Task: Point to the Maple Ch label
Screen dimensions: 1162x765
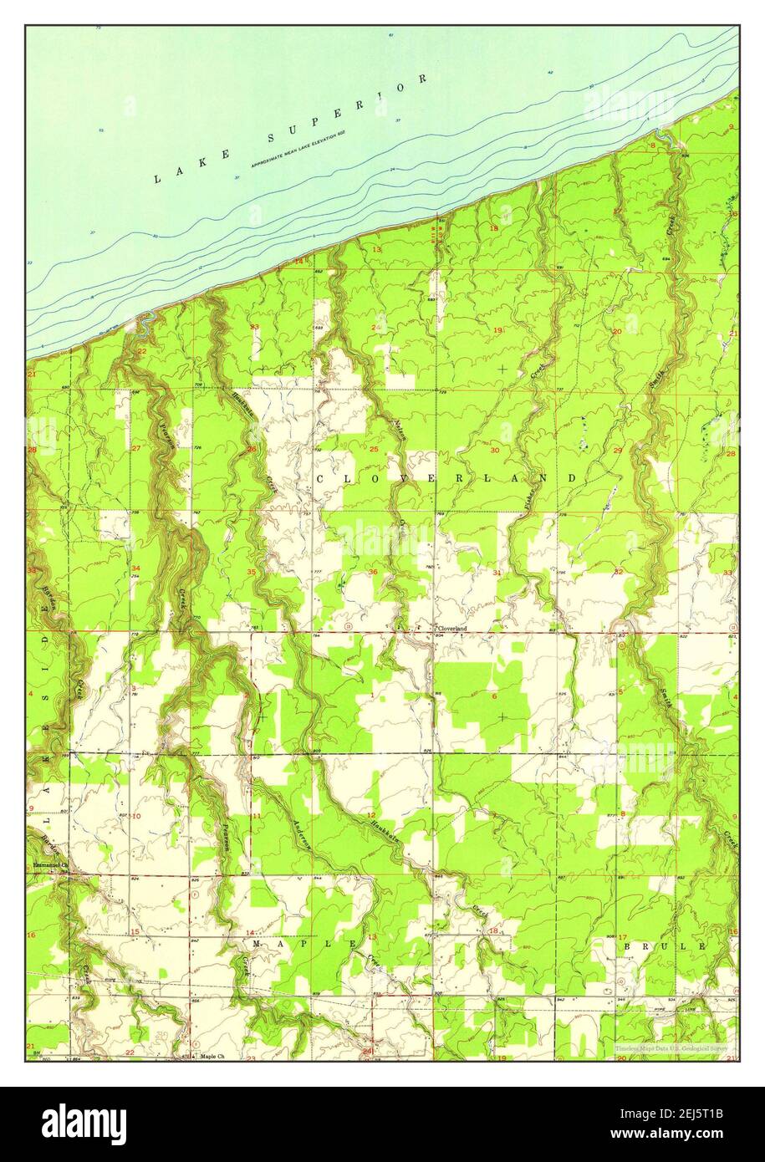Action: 212,1056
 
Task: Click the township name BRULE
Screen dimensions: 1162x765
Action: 665,945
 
